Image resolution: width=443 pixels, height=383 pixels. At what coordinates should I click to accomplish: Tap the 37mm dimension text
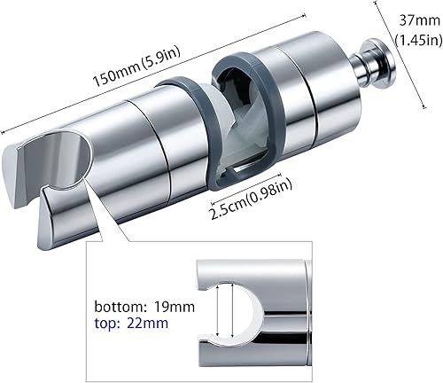pyautogui.click(x=420, y=21)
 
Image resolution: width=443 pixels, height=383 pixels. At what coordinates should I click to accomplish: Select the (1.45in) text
pyautogui.click(x=419, y=39)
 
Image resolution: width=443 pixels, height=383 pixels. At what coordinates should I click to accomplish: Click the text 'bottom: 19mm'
pyautogui.click(x=144, y=307)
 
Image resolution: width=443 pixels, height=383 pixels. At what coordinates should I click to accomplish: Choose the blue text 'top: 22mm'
pyautogui.click(x=131, y=323)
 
